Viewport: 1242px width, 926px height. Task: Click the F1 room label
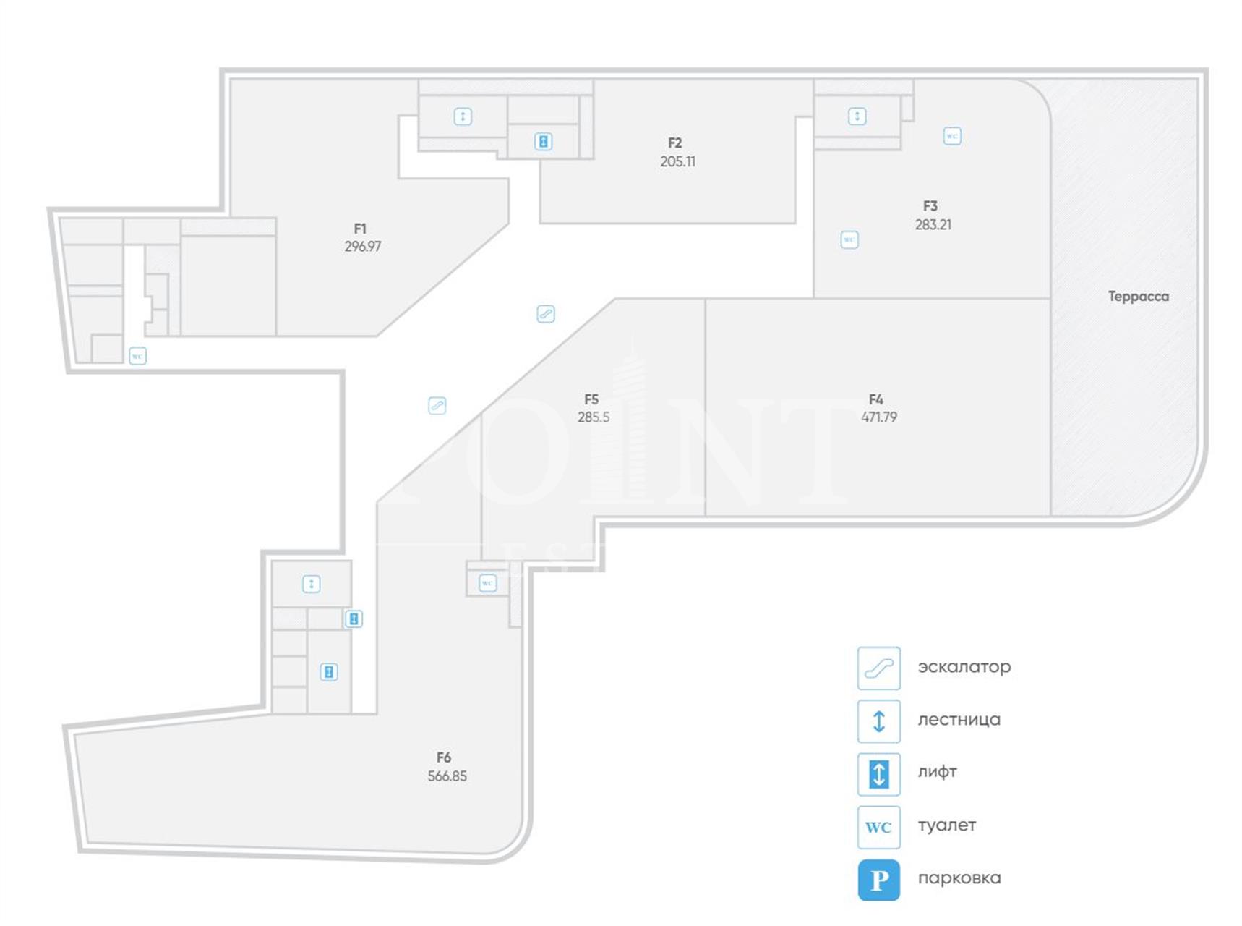(x=360, y=229)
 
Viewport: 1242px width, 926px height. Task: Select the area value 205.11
(x=677, y=161)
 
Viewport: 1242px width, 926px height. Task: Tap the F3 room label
(x=930, y=206)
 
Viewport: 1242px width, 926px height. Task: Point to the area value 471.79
(x=879, y=417)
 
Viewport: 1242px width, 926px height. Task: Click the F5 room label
(x=591, y=399)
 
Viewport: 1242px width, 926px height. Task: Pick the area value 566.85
(x=447, y=776)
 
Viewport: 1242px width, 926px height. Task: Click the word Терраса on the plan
(x=1138, y=296)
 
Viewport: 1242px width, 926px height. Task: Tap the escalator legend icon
(x=878, y=668)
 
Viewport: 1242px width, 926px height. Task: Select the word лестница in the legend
(x=959, y=720)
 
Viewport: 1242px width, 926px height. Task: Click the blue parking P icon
(x=878, y=880)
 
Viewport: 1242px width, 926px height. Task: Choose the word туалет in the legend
(x=946, y=825)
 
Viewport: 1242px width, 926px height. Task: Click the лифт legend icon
(x=878, y=774)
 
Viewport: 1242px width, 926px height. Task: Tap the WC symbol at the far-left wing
(x=137, y=356)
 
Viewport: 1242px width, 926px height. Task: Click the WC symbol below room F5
(x=487, y=582)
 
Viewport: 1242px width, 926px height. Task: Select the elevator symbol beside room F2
(x=543, y=142)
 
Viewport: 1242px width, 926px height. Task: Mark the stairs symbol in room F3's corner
(x=857, y=116)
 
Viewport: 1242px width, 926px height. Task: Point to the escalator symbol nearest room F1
(x=546, y=314)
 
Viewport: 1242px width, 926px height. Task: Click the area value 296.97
(x=362, y=247)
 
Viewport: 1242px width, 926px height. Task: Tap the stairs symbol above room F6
(x=311, y=584)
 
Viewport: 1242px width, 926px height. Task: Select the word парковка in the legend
(x=959, y=878)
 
